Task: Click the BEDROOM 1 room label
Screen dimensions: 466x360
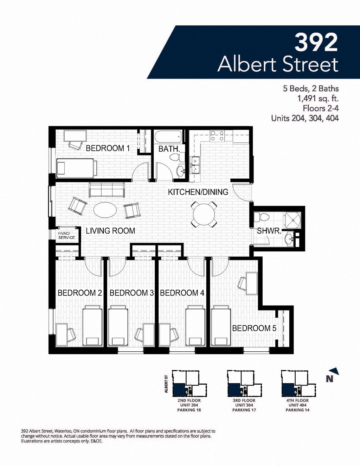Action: coord(108,148)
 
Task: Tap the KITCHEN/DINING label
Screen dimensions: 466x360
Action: coord(198,192)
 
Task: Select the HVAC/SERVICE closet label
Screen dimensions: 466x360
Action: coord(66,235)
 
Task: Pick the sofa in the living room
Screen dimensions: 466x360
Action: coord(107,190)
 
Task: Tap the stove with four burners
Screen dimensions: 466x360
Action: coord(217,136)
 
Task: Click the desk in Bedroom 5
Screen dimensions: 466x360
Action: coord(252,283)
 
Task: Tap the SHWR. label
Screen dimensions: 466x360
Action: coord(269,231)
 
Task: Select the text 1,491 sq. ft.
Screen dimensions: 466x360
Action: coord(318,98)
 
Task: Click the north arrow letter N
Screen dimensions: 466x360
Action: coord(329,379)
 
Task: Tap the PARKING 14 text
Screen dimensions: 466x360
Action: coord(297,410)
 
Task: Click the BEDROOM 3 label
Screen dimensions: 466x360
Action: coord(131,293)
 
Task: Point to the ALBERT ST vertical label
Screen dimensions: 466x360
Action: coord(166,384)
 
